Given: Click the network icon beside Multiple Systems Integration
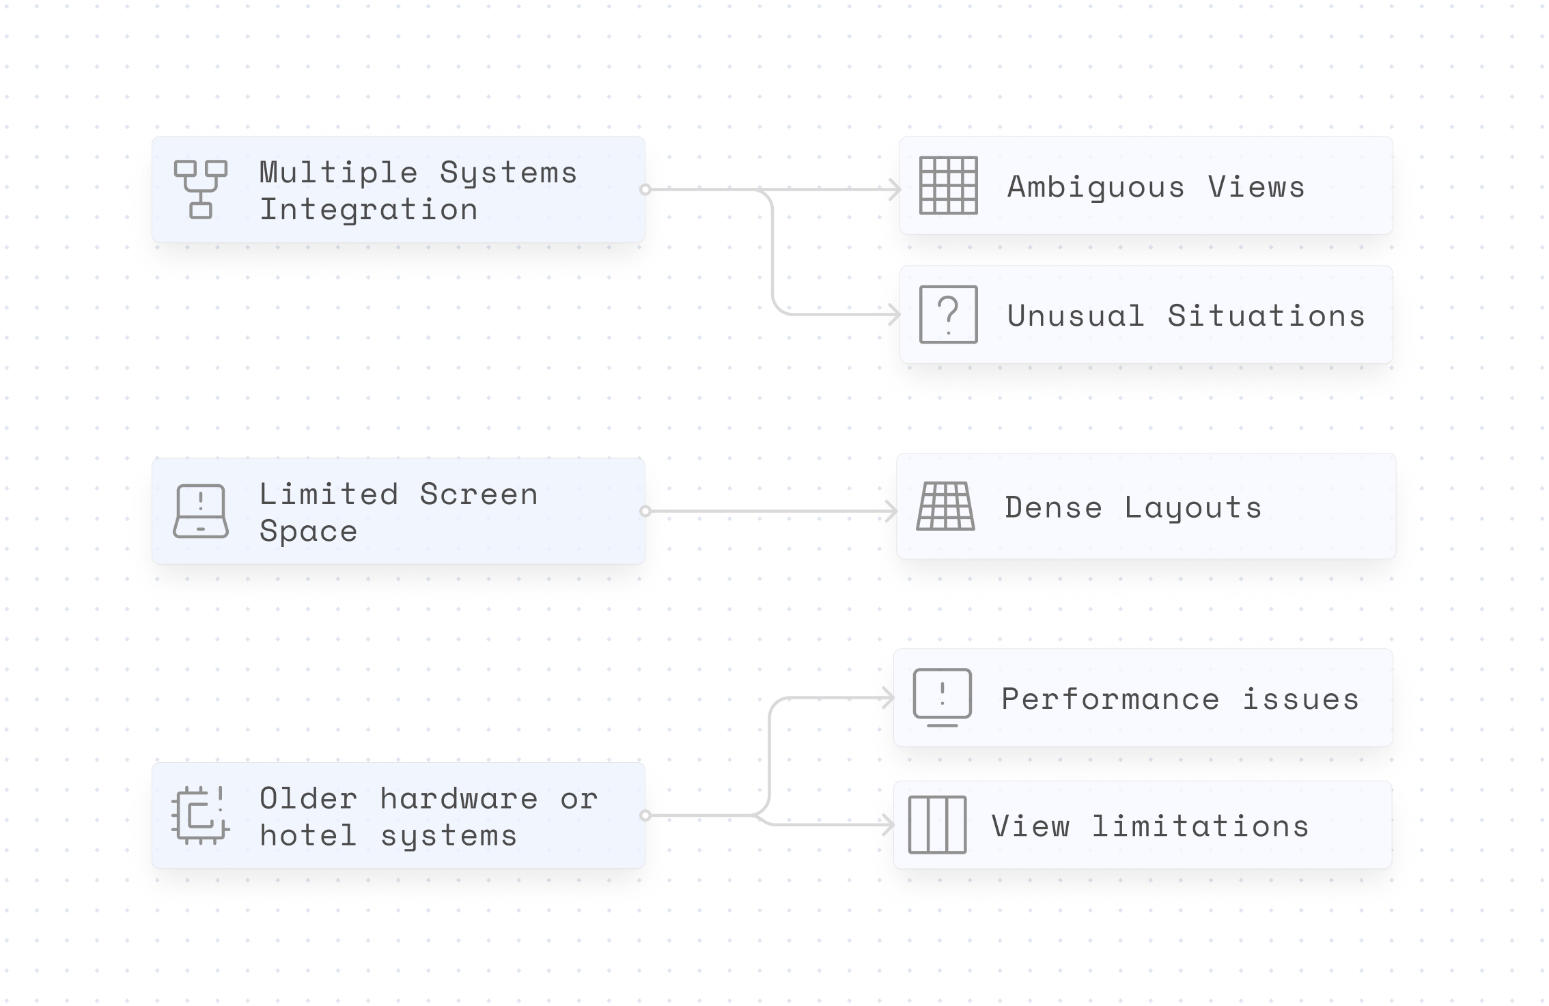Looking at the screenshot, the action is coord(200,189).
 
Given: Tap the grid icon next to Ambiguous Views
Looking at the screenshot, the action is coord(948,185).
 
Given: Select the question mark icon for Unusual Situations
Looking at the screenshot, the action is coord(948,314).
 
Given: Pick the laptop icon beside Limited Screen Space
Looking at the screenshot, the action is coord(200,511).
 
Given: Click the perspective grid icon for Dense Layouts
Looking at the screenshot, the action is coord(945,506).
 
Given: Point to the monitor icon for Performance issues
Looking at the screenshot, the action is coord(942,697).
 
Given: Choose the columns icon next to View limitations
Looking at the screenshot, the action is coord(937,824).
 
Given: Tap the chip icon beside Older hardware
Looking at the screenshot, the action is coord(200,815).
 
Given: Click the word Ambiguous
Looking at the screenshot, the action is coord(1096,187).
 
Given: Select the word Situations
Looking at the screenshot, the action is coord(1266,316).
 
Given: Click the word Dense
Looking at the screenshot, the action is coord(1053,507).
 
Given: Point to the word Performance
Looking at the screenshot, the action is coord(1110,699).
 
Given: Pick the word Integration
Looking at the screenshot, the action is coord(368,209).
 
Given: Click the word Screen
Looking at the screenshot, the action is coord(478,494).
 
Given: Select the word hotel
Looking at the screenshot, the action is coord(308,835).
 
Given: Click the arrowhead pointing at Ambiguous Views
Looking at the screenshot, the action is coord(895,189).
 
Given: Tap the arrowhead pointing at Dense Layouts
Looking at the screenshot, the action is coord(891,511).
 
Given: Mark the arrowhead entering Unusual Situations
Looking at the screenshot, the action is coord(895,314).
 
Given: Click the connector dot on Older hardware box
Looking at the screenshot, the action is coord(645,815).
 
